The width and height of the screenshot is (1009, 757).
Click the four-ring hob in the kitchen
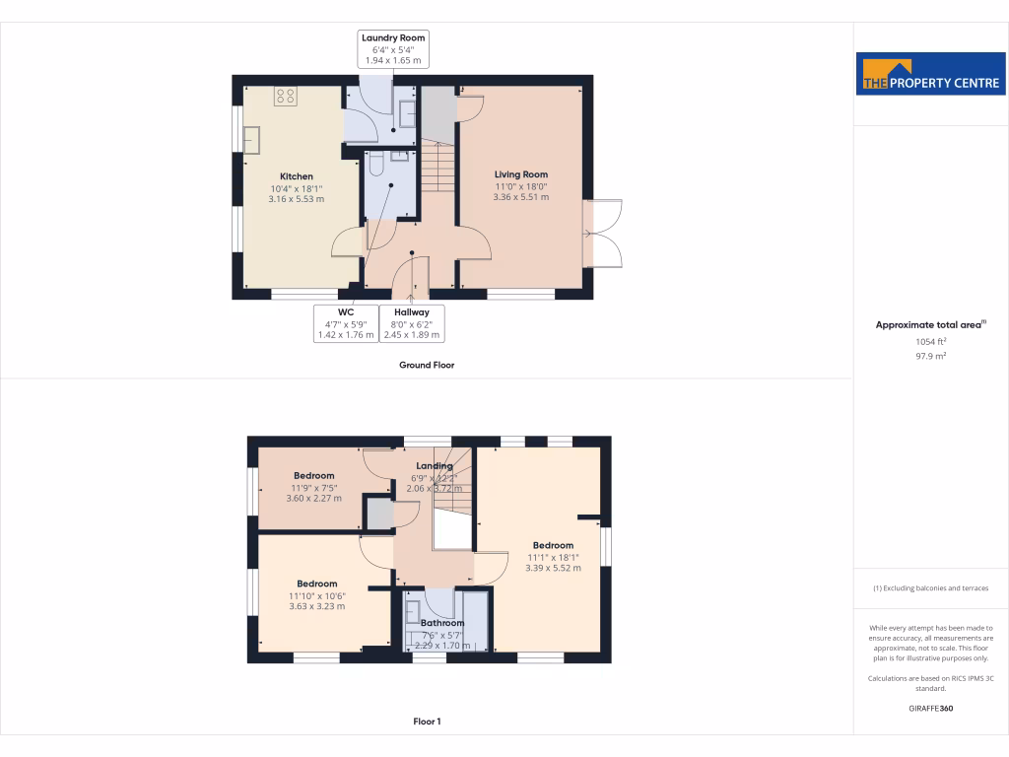click(x=286, y=96)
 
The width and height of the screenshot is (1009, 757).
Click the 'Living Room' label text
click(x=521, y=174)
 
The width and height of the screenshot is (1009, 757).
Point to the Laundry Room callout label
click(x=393, y=48)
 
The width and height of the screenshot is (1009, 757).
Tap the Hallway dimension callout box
click(x=412, y=323)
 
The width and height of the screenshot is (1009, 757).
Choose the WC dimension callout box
click(x=345, y=323)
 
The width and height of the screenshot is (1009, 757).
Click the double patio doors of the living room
click(x=603, y=234)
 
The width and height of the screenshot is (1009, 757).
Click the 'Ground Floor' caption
click(x=426, y=365)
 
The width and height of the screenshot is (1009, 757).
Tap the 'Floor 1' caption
click(x=426, y=722)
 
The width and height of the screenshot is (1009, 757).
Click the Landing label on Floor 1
click(x=435, y=466)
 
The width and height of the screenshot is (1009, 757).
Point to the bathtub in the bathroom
click(x=476, y=620)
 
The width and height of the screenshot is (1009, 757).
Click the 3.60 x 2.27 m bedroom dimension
click(x=314, y=498)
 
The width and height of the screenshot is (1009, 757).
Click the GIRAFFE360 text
click(x=930, y=708)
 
